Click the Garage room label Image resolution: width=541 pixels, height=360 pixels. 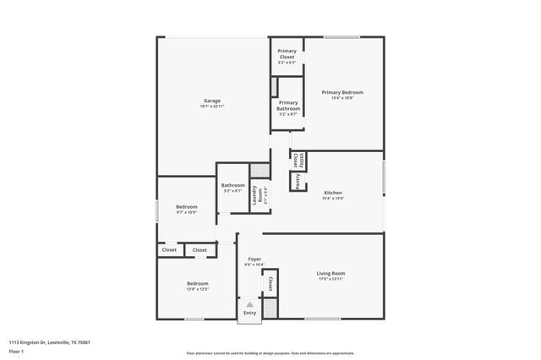click(x=211, y=101)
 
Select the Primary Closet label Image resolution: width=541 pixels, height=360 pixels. click(x=287, y=55)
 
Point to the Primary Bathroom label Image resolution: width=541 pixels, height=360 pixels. click(x=287, y=106)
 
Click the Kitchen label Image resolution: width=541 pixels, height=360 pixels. click(x=333, y=193)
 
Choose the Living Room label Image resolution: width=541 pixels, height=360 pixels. click(x=331, y=273)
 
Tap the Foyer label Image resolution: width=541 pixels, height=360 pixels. click(x=254, y=259)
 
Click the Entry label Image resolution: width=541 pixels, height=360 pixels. click(x=249, y=314)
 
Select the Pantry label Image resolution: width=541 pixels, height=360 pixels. click(x=298, y=181)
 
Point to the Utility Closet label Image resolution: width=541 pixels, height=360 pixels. click(x=295, y=158)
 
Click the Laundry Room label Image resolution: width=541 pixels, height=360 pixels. click(x=257, y=194)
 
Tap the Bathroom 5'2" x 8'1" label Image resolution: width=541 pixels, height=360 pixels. click(x=233, y=185)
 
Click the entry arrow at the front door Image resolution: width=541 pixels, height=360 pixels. click(x=249, y=303)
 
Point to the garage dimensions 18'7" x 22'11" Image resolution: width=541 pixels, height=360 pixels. click(x=211, y=106)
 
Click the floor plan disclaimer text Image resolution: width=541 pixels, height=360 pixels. click(x=270, y=353)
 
